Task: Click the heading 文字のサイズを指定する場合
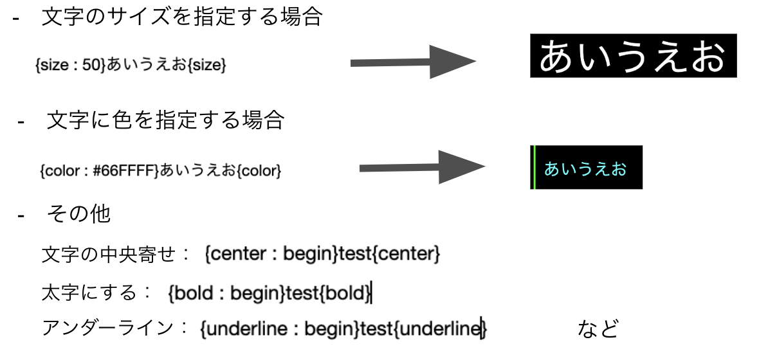point(181,17)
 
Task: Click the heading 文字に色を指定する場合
point(165,120)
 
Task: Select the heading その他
point(78,213)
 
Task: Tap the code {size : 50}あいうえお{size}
point(131,64)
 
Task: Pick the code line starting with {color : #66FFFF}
point(161,171)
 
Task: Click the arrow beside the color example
point(421,167)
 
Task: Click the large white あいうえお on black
point(632,57)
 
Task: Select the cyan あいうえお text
point(585,169)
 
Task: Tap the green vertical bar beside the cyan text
point(533,167)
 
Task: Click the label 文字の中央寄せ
point(108,255)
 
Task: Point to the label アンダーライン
point(107,328)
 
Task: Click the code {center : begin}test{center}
point(322,255)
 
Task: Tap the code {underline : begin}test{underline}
point(343,328)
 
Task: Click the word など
point(598,328)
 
